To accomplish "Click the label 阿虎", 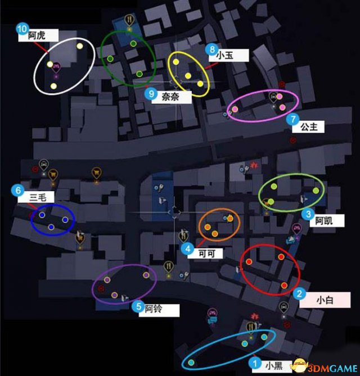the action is (x=37, y=35).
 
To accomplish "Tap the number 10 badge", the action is (x=22, y=29).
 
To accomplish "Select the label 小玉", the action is (x=224, y=56).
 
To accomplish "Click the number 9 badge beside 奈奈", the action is (x=151, y=93).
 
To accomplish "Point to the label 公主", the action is (x=309, y=127).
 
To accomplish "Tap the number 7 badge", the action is (x=292, y=119).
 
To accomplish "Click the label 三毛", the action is (x=38, y=198).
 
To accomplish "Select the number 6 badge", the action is (x=18, y=191).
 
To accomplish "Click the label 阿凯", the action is (x=324, y=221).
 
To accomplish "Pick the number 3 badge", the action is (x=308, y=214).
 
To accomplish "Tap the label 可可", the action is (x=207, y=253).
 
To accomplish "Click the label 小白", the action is (x=325, y=300).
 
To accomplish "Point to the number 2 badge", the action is (x=299, y=293).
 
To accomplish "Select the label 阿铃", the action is (x=154, y=309).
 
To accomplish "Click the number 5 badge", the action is (x=138, y=306).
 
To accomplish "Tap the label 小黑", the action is (x=274, y=366).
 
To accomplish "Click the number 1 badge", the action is (x=255, y=363).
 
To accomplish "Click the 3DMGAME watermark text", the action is (x=332, y=368).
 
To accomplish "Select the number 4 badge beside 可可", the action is (x=188, y=248).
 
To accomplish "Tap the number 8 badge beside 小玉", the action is (x=212, y=49).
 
